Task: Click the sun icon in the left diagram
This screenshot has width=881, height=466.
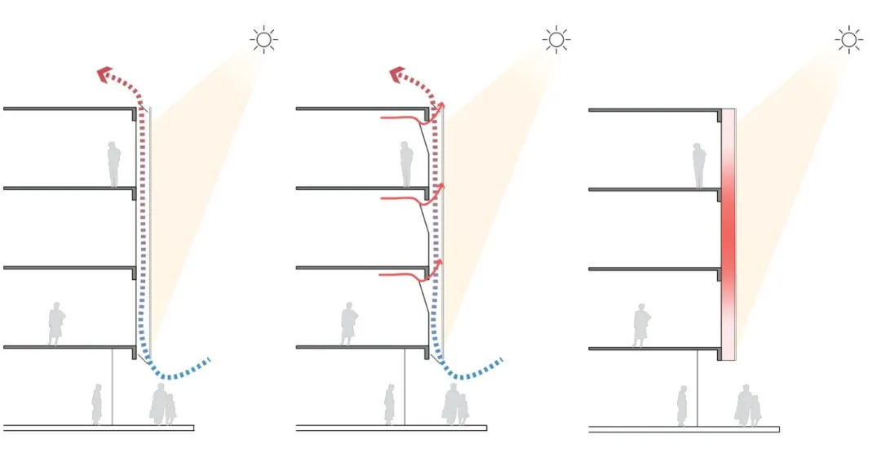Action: click(263, 39)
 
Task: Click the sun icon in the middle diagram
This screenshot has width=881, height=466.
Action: click(556, 39)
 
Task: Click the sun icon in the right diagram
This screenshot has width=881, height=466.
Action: click(848, 39)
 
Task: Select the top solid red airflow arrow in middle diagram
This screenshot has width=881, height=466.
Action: click(408, 121)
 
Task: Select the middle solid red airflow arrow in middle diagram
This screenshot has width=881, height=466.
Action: click(408, 198)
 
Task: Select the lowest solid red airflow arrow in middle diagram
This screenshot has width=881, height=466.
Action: click(408, 275)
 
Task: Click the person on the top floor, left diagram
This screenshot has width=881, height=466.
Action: click(114, 164)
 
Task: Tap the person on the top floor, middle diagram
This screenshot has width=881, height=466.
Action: click(406, 164)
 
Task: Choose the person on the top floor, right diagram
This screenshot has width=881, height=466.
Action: click(698, 166)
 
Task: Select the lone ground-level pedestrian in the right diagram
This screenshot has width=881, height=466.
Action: click(682, 406)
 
